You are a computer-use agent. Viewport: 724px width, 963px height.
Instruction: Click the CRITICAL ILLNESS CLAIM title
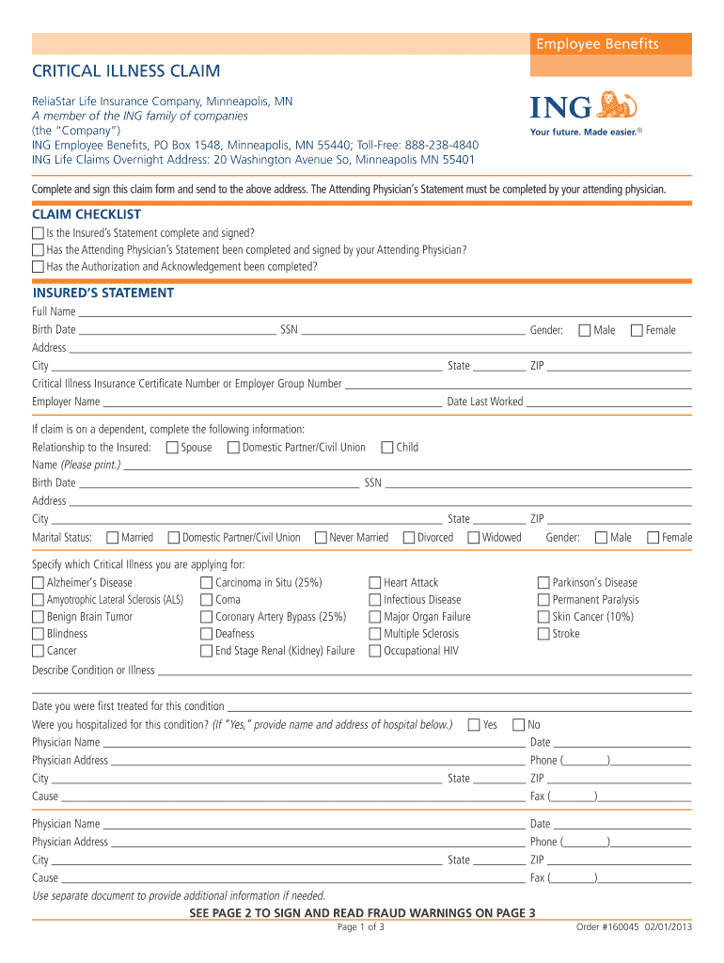pyautogui.click(x=127, y=71)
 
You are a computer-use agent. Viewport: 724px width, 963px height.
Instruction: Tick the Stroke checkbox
pyautogui.click(x=543, y=634)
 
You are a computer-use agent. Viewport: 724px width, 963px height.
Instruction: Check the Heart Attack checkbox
pyautogui.click(x=375, y=583)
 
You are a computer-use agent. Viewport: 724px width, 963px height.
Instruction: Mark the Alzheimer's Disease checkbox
pyautogui.click(x=38, y=583)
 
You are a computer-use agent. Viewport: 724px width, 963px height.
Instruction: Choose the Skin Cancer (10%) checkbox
pyautogui.click(x=543, y=617)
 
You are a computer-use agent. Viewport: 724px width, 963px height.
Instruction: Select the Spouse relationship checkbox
pyautogui.click(x=172, y=448)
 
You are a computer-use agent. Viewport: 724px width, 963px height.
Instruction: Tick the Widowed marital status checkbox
pyautogui.click(x=474, y=538)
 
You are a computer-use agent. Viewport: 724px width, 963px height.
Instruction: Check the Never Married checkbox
pyautogui.click(x=321, y=538)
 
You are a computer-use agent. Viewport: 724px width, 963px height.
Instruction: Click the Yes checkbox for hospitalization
pyautogui.click(x=474, y=725)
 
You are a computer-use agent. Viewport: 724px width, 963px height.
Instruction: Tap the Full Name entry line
pyautogui.click(x=386, y=312)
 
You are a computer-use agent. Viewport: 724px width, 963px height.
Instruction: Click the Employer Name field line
pyautogui.click(x=272, y=403)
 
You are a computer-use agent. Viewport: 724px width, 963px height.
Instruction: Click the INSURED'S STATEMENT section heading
pyautogui.click(x=103, y=292)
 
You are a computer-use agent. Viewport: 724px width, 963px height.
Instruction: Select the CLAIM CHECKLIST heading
pyautogui.click(x=87, y=214)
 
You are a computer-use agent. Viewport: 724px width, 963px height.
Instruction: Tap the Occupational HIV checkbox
pyautogui.click(x=375, y=651)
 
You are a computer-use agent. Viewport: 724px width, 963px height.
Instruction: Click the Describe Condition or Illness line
pyautogui.click(x=424, y=671)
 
